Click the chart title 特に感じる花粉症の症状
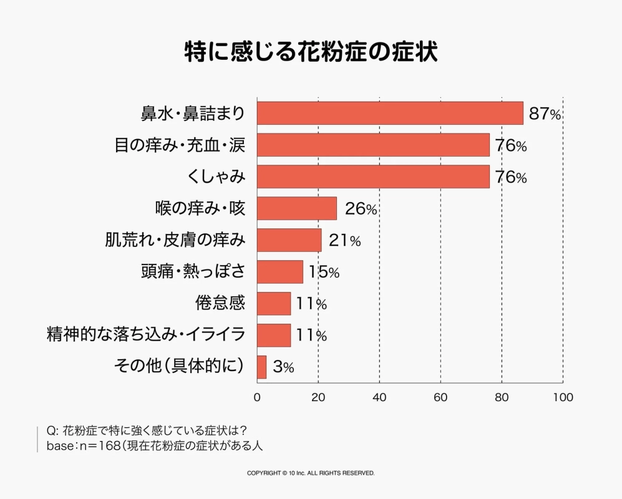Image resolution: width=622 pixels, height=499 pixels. pos(311,52)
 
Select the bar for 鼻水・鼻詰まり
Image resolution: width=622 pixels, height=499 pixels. pos(390,113)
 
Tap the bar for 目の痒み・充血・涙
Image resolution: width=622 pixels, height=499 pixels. pos(373,145)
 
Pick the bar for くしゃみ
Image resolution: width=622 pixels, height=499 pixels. pos(373,177)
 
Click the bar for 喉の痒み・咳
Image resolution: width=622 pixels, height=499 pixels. pos(297,208)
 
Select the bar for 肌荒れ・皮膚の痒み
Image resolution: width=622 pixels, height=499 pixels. pos(289,240)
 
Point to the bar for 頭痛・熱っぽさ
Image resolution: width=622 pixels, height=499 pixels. pos(280,272)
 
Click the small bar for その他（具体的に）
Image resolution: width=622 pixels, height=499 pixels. pos(262,367)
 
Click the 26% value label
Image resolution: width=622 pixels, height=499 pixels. pos(361,210)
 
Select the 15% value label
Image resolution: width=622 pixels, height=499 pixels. pos(324,273)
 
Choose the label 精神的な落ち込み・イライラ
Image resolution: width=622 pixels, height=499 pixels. pos(146,335)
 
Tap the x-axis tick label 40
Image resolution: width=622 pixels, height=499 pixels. pos(379,397)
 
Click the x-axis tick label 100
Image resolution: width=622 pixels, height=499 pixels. pos(563,397)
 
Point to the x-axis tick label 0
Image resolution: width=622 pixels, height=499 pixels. pos(257,397)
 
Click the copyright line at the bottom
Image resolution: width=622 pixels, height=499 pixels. pos(311,473)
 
